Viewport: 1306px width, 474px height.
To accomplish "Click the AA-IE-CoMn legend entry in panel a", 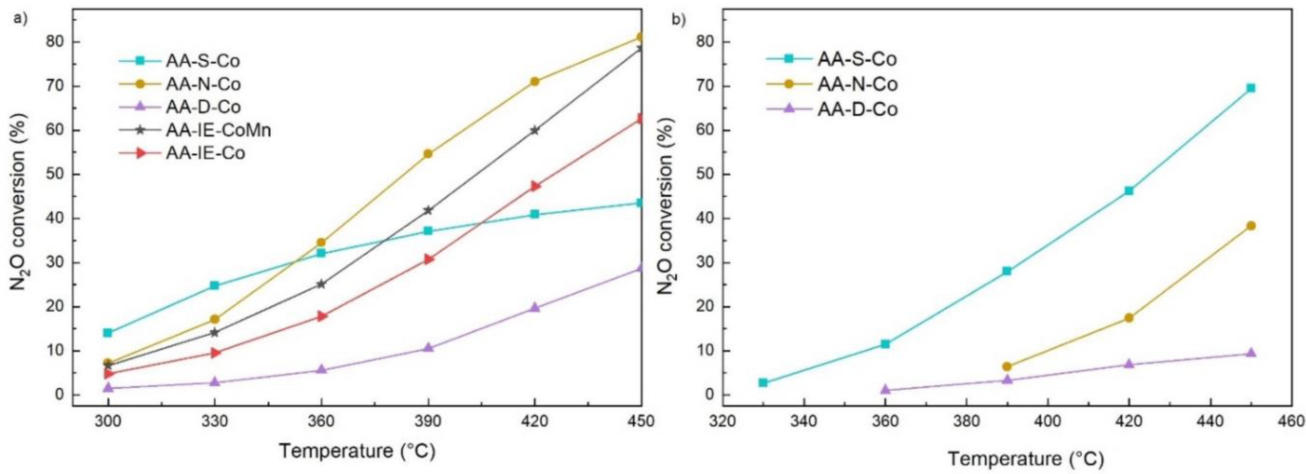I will tap(218, 131).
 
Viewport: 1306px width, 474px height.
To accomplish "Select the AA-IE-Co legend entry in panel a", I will tap(205, 153).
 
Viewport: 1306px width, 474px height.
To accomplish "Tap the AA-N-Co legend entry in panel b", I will tap(857, 84).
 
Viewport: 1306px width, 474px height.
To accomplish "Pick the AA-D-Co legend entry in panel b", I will tap(857, 109).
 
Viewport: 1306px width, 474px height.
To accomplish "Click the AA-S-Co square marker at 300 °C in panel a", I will tap(107, 333).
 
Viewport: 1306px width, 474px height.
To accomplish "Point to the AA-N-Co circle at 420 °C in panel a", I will tap(534, 82).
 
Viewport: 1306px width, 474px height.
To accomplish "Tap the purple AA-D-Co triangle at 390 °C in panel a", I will tap(428, 348).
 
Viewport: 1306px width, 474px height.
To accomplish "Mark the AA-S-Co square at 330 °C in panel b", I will tap(763, 383).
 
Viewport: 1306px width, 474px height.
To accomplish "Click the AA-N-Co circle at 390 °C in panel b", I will tap(1007, 367).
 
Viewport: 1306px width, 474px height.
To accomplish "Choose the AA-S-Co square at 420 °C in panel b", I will tap(1129, 191).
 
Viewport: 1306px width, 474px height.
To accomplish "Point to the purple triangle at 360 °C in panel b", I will tap(885, 389).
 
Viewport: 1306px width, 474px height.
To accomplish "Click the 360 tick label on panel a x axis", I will tap(321, 421).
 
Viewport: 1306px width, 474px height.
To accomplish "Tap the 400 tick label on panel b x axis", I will tap(1048, 421).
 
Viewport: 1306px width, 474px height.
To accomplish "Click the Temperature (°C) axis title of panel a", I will tap(357, 451).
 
